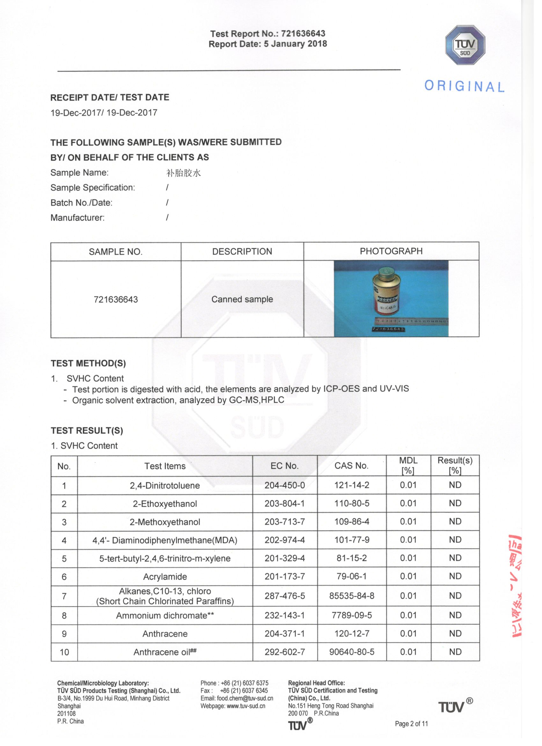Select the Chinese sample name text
click(x=183, y=173)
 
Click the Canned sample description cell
click(x=242, y=299)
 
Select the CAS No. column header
click(x=351, y=466)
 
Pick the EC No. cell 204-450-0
click(x=285, y=485)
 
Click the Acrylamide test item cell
click(x=165, y=577)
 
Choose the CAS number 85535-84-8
click(x=351, y=596)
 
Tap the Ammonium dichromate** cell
click(x=165, y=615)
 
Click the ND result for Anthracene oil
click(x=455, y=652)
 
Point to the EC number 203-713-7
click(x=285, y=522)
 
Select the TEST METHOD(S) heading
click(x=88, y=363)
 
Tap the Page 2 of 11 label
click(x=411, y=724)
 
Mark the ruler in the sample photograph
click(x=411, y=320)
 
